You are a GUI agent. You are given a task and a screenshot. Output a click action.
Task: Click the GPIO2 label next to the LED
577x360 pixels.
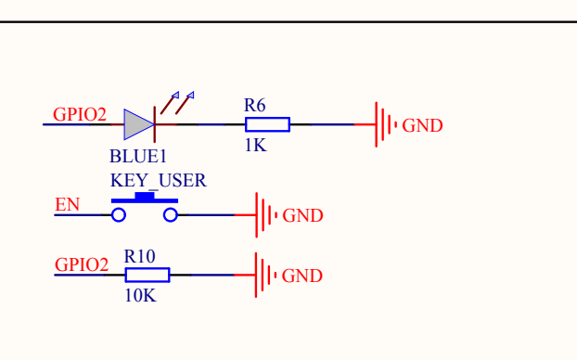click(79, 115)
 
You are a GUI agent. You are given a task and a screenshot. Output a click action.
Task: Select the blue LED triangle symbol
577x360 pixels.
click(139, 124)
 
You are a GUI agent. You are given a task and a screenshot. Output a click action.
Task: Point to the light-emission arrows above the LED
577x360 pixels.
click(181, 98)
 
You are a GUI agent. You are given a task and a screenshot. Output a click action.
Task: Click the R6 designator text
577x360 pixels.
click(255, 105)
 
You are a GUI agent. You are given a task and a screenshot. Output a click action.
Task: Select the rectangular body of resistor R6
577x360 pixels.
click(267, 124)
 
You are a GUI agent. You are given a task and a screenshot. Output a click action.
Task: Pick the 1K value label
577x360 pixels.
click(256, 145)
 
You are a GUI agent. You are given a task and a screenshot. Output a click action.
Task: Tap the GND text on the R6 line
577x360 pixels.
click(422, 125)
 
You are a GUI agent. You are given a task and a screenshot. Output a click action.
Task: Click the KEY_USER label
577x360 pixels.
click(158, 180)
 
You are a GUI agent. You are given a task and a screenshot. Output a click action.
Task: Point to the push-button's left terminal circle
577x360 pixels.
click(118, 215)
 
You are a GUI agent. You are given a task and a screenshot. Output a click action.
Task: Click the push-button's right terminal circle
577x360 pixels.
click(171, 215)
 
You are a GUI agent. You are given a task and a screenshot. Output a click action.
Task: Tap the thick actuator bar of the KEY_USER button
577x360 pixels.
click(145, 199)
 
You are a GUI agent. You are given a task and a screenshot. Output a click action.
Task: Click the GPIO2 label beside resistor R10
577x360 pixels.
click(82, 264)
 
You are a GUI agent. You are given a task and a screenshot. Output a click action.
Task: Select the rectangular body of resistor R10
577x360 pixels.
click(147, 275)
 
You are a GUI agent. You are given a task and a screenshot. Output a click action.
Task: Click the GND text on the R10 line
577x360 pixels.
click(302, 276)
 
